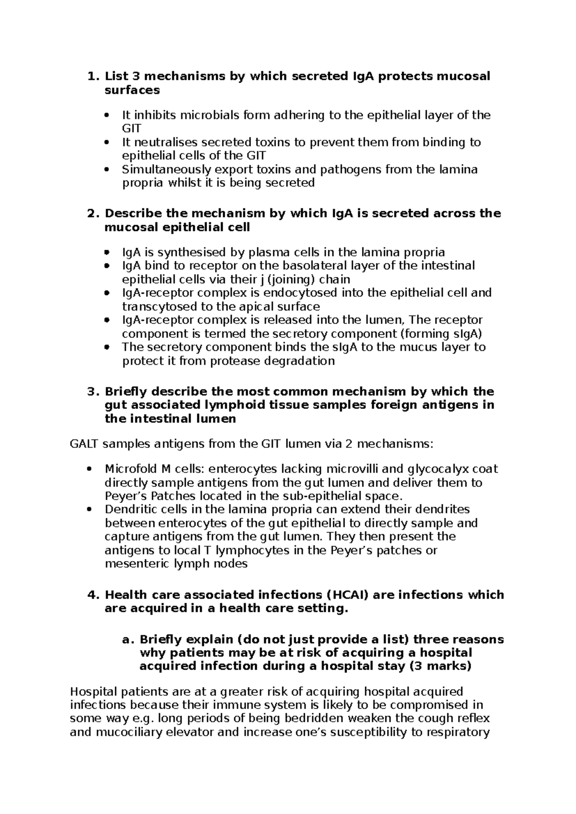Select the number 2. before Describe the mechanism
tap(92, 214)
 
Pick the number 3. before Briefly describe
tap(92, 392)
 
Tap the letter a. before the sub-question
tap(127, 640)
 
